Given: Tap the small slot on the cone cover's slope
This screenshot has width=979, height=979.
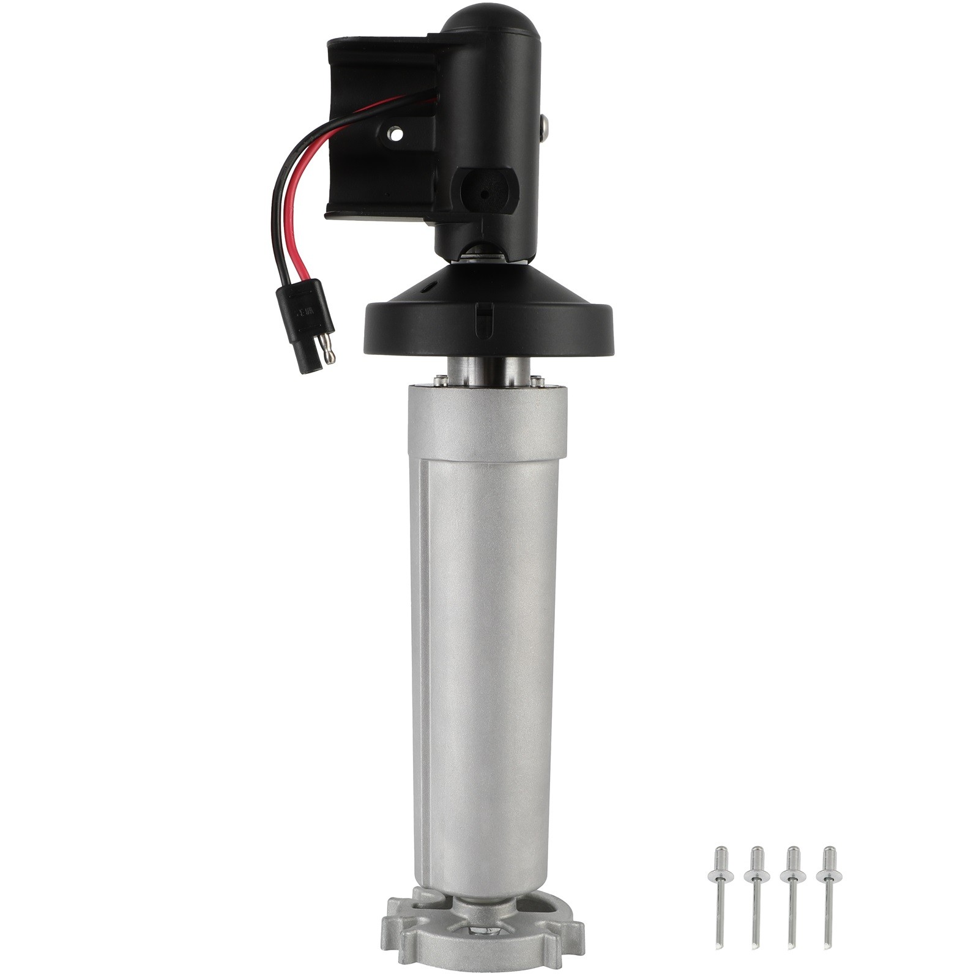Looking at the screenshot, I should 432,285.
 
